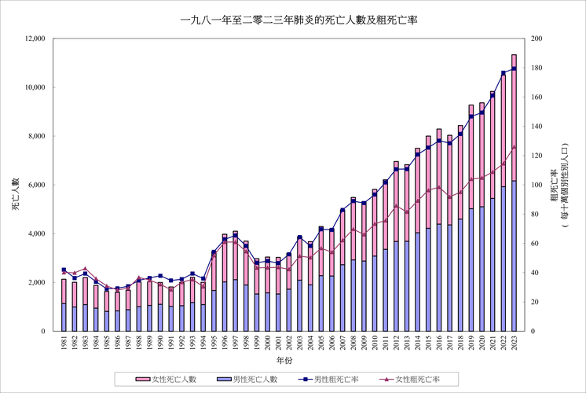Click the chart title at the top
(x=292, y=19)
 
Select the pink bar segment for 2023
(x=514, y=118)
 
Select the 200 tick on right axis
(x=537, y=39)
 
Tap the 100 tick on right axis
(x=537, y=185)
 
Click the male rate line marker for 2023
(x=514, y=68)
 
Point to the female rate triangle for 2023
(x=514, y=147)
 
